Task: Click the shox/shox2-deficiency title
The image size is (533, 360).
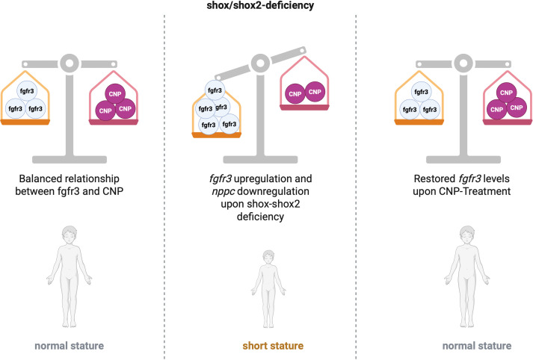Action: pos(260,5)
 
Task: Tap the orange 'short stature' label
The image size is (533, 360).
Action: pos(273,346)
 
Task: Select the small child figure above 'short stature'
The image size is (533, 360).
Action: pos(268,289)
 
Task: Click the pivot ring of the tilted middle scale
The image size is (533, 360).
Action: pos(260,63)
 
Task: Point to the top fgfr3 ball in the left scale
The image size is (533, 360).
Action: pos(27,91)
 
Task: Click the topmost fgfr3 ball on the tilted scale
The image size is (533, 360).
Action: pos(215,90)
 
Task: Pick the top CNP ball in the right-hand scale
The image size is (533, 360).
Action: pos(507,93)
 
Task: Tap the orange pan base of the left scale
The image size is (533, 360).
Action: pos(25,122)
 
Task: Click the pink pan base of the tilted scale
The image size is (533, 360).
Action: pos(304,108)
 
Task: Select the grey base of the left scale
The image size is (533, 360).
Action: pos(70,160)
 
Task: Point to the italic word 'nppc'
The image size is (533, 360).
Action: pos(224,192)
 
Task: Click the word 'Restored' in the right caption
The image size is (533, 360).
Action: pos(434,179)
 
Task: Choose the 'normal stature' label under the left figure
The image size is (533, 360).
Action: pos(70,346)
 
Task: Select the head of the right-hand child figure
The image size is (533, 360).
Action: pos(467,235)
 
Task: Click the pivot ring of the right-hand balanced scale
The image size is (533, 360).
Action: pos(463,63)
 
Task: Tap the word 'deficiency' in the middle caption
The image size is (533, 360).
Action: pos(260,217)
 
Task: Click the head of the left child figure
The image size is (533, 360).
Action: pos(70,235)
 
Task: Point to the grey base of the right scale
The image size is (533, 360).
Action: pos(463,160)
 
